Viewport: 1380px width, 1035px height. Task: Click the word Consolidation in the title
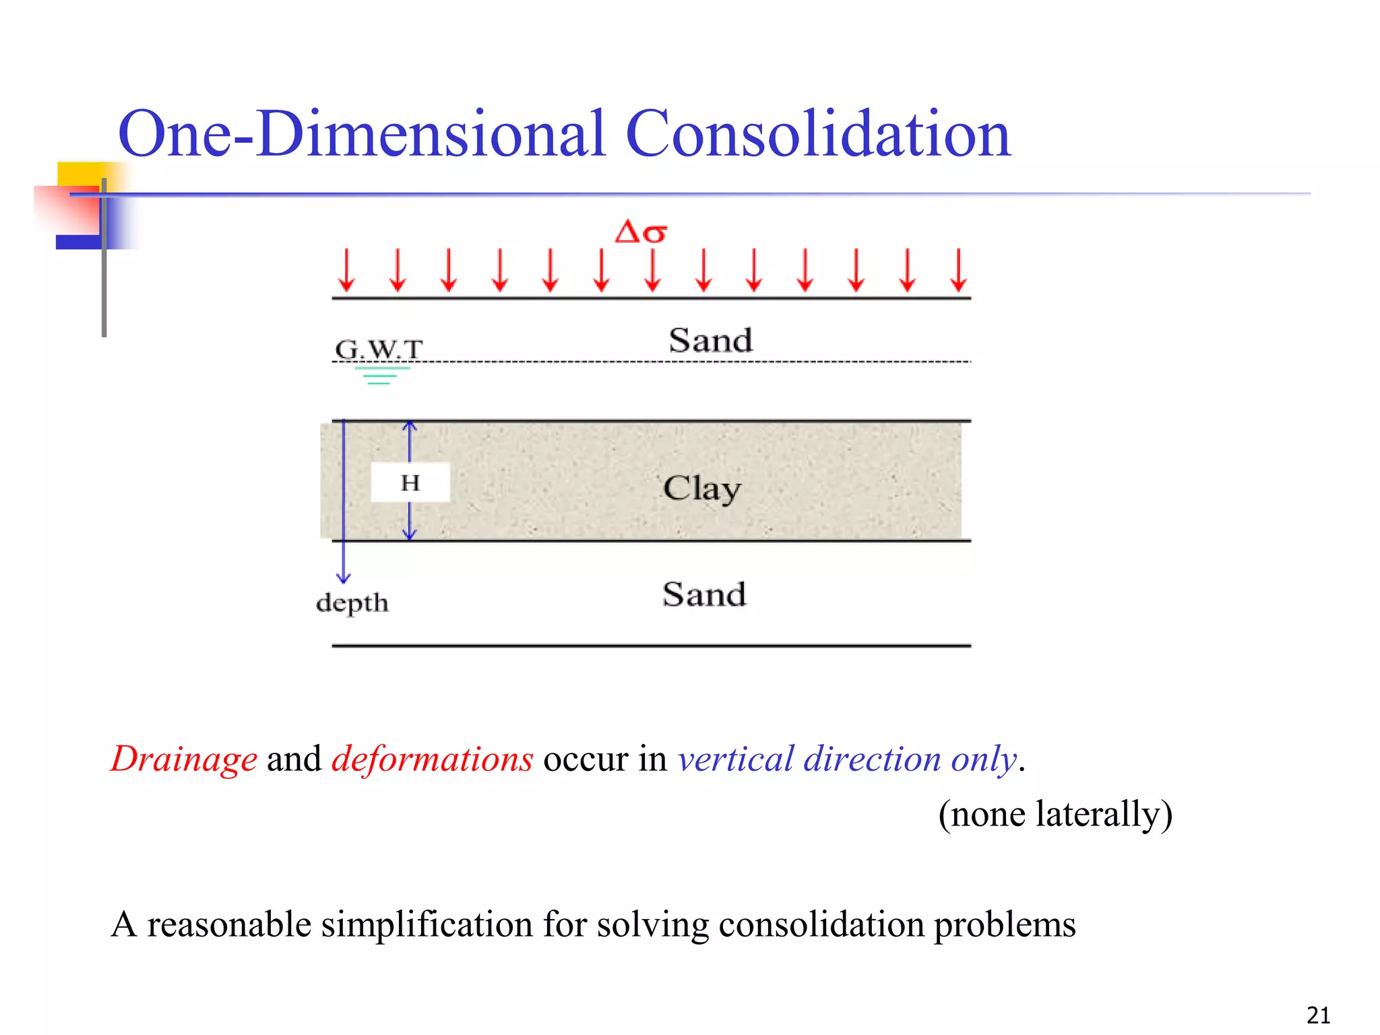click(x=818, y=134)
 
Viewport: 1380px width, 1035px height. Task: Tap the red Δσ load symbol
click(x=641, y=232)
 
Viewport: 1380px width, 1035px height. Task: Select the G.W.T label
click(x=379, y=349)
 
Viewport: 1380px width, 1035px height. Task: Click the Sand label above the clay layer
click(x=710, y=340)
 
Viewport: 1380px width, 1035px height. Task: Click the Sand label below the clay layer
click(x=704, y=594)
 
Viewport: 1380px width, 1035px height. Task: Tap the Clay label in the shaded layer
click(x=701, y=489)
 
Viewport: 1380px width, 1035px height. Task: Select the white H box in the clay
click(x=410, y=482)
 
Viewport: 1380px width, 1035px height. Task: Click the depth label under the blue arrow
click(x=352, y=602)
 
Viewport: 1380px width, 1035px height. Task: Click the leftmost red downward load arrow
click(x=346, y=270)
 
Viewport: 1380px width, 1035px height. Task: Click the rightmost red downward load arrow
click(x=958, y=270)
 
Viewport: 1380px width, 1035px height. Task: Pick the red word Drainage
click(x=184, y=759)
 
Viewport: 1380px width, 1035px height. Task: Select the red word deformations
click(x=432, y=759)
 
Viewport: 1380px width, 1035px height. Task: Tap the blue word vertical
click(x=735, y=759)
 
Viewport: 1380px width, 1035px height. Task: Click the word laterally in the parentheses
click(x=1098, y=814)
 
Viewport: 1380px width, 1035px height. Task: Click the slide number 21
click(x=1318, y=1015)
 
